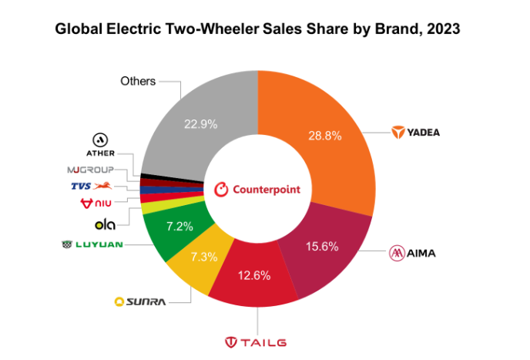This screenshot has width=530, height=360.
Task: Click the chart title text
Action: tap(257, 30)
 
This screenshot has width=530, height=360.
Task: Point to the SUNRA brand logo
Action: tap(139, 301)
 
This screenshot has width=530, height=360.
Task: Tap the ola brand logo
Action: tap(105, 225)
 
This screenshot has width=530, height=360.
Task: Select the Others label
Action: tap(138, 80)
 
